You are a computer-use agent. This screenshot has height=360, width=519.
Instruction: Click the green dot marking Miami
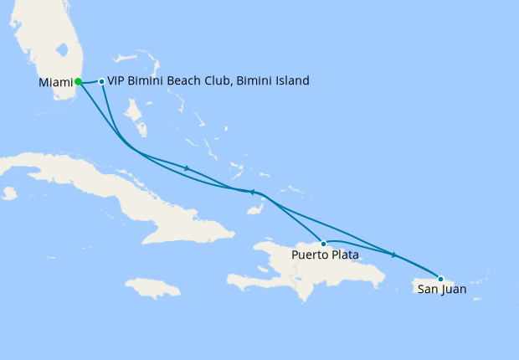pos(78,81)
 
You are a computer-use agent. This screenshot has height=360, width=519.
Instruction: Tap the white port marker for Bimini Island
pos(101,81)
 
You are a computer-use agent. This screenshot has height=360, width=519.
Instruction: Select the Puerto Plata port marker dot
pos(323,244)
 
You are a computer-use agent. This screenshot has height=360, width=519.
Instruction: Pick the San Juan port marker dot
pos(440,279)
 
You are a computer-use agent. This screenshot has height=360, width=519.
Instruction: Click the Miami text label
pos(54,82)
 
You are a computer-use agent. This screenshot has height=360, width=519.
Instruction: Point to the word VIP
pos(118,81)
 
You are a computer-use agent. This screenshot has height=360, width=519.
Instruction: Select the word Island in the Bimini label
pos(290,81)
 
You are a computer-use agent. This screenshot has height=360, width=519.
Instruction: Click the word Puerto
pos(311,255)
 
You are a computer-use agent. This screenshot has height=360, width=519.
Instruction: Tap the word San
pos(426,290)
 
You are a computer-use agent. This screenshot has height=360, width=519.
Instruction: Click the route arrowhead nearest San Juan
pos(393,255)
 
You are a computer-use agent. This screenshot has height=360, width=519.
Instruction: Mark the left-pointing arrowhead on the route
pos(252,192)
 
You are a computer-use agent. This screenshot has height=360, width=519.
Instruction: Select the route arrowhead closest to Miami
pos(187,168)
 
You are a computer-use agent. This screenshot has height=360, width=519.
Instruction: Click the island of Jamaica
pos(153,288)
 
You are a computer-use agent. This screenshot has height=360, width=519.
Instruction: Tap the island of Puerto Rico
pos(444,280)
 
